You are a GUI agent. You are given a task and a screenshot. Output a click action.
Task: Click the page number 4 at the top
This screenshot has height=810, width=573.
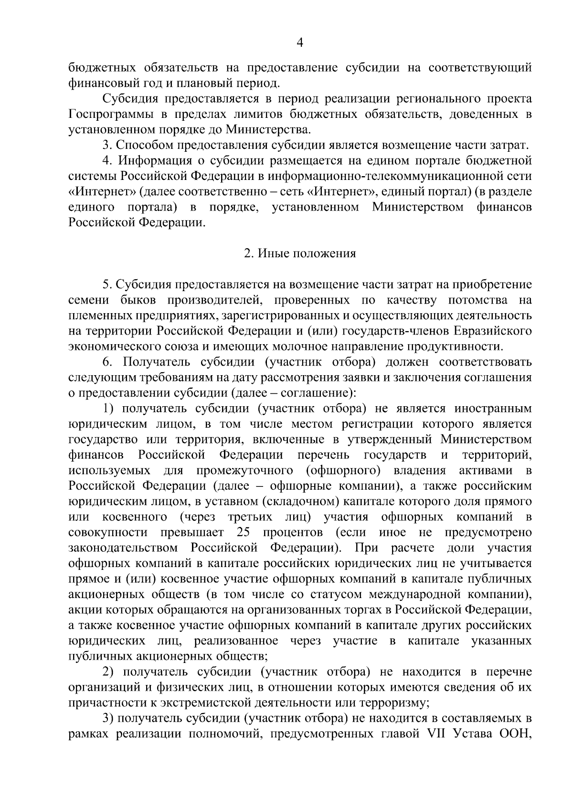(300, 43)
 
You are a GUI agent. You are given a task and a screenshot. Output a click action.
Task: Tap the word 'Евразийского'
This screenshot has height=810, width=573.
(492, 331)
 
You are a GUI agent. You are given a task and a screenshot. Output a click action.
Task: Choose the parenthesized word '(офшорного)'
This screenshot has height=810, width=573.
(343, 471)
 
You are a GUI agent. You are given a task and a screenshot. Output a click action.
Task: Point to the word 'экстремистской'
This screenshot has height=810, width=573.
(203, 703)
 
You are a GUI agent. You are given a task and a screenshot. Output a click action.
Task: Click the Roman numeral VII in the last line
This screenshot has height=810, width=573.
(435, 734)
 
